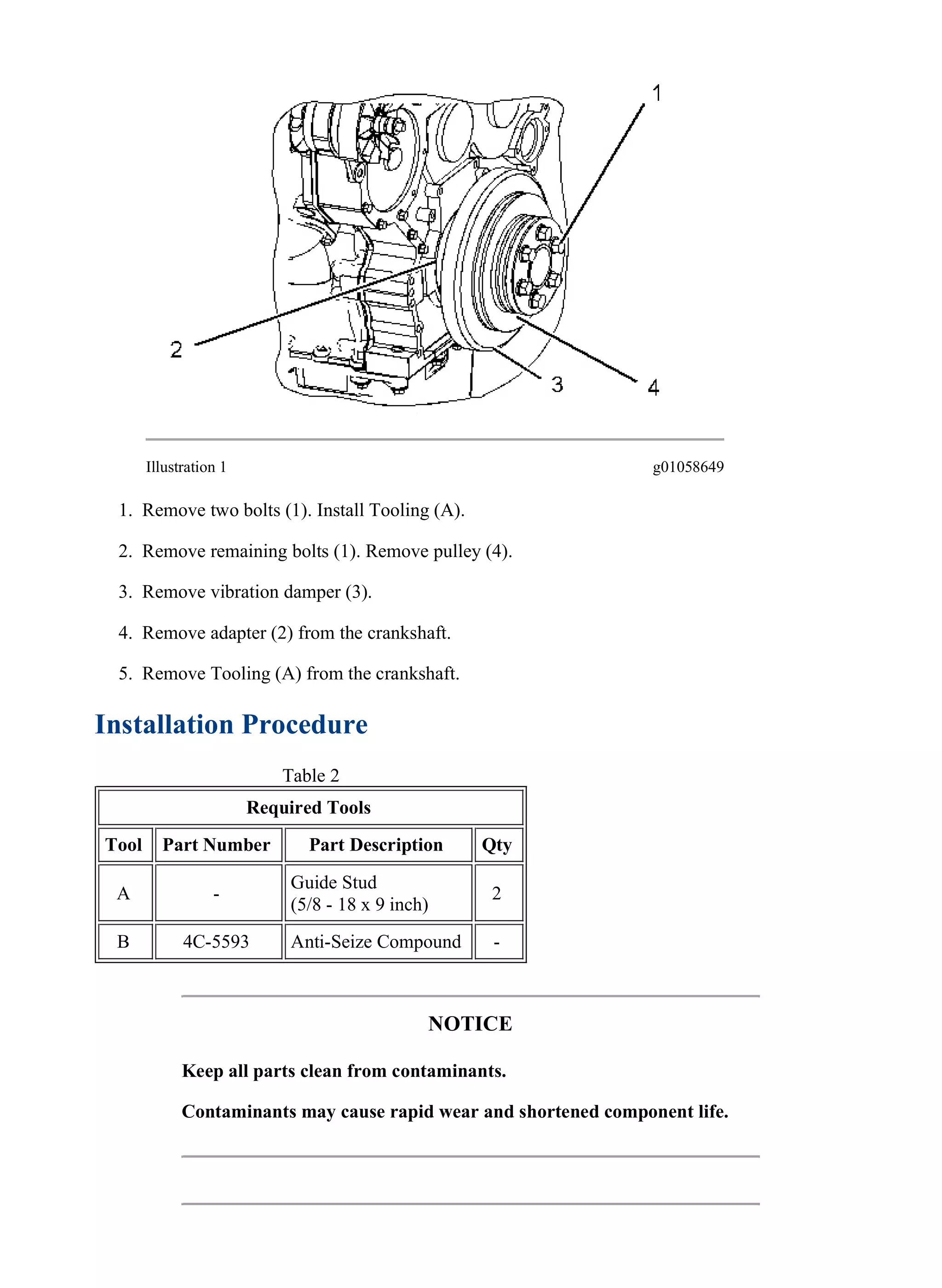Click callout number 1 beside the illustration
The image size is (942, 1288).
pos(657,93)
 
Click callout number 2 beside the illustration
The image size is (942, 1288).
pos(176,349)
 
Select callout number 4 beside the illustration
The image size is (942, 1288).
pos(654,388)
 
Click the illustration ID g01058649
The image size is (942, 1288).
pos(688,467)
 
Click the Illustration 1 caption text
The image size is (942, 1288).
pos(186,467)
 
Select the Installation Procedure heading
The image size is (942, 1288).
pos(231,724)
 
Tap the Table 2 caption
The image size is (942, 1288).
pos(311,776)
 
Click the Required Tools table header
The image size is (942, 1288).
pos(309,807)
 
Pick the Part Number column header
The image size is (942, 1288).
pos(217,845)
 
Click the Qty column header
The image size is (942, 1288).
pos(497,845)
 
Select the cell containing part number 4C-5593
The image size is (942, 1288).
pos(216,941)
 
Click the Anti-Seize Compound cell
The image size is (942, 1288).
pos(376,941)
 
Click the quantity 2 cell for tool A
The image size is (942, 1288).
pos(497,893)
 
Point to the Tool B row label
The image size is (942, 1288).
pos(123,941)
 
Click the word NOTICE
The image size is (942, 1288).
pos(470,1023)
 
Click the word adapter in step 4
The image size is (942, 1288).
pos(239,633)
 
